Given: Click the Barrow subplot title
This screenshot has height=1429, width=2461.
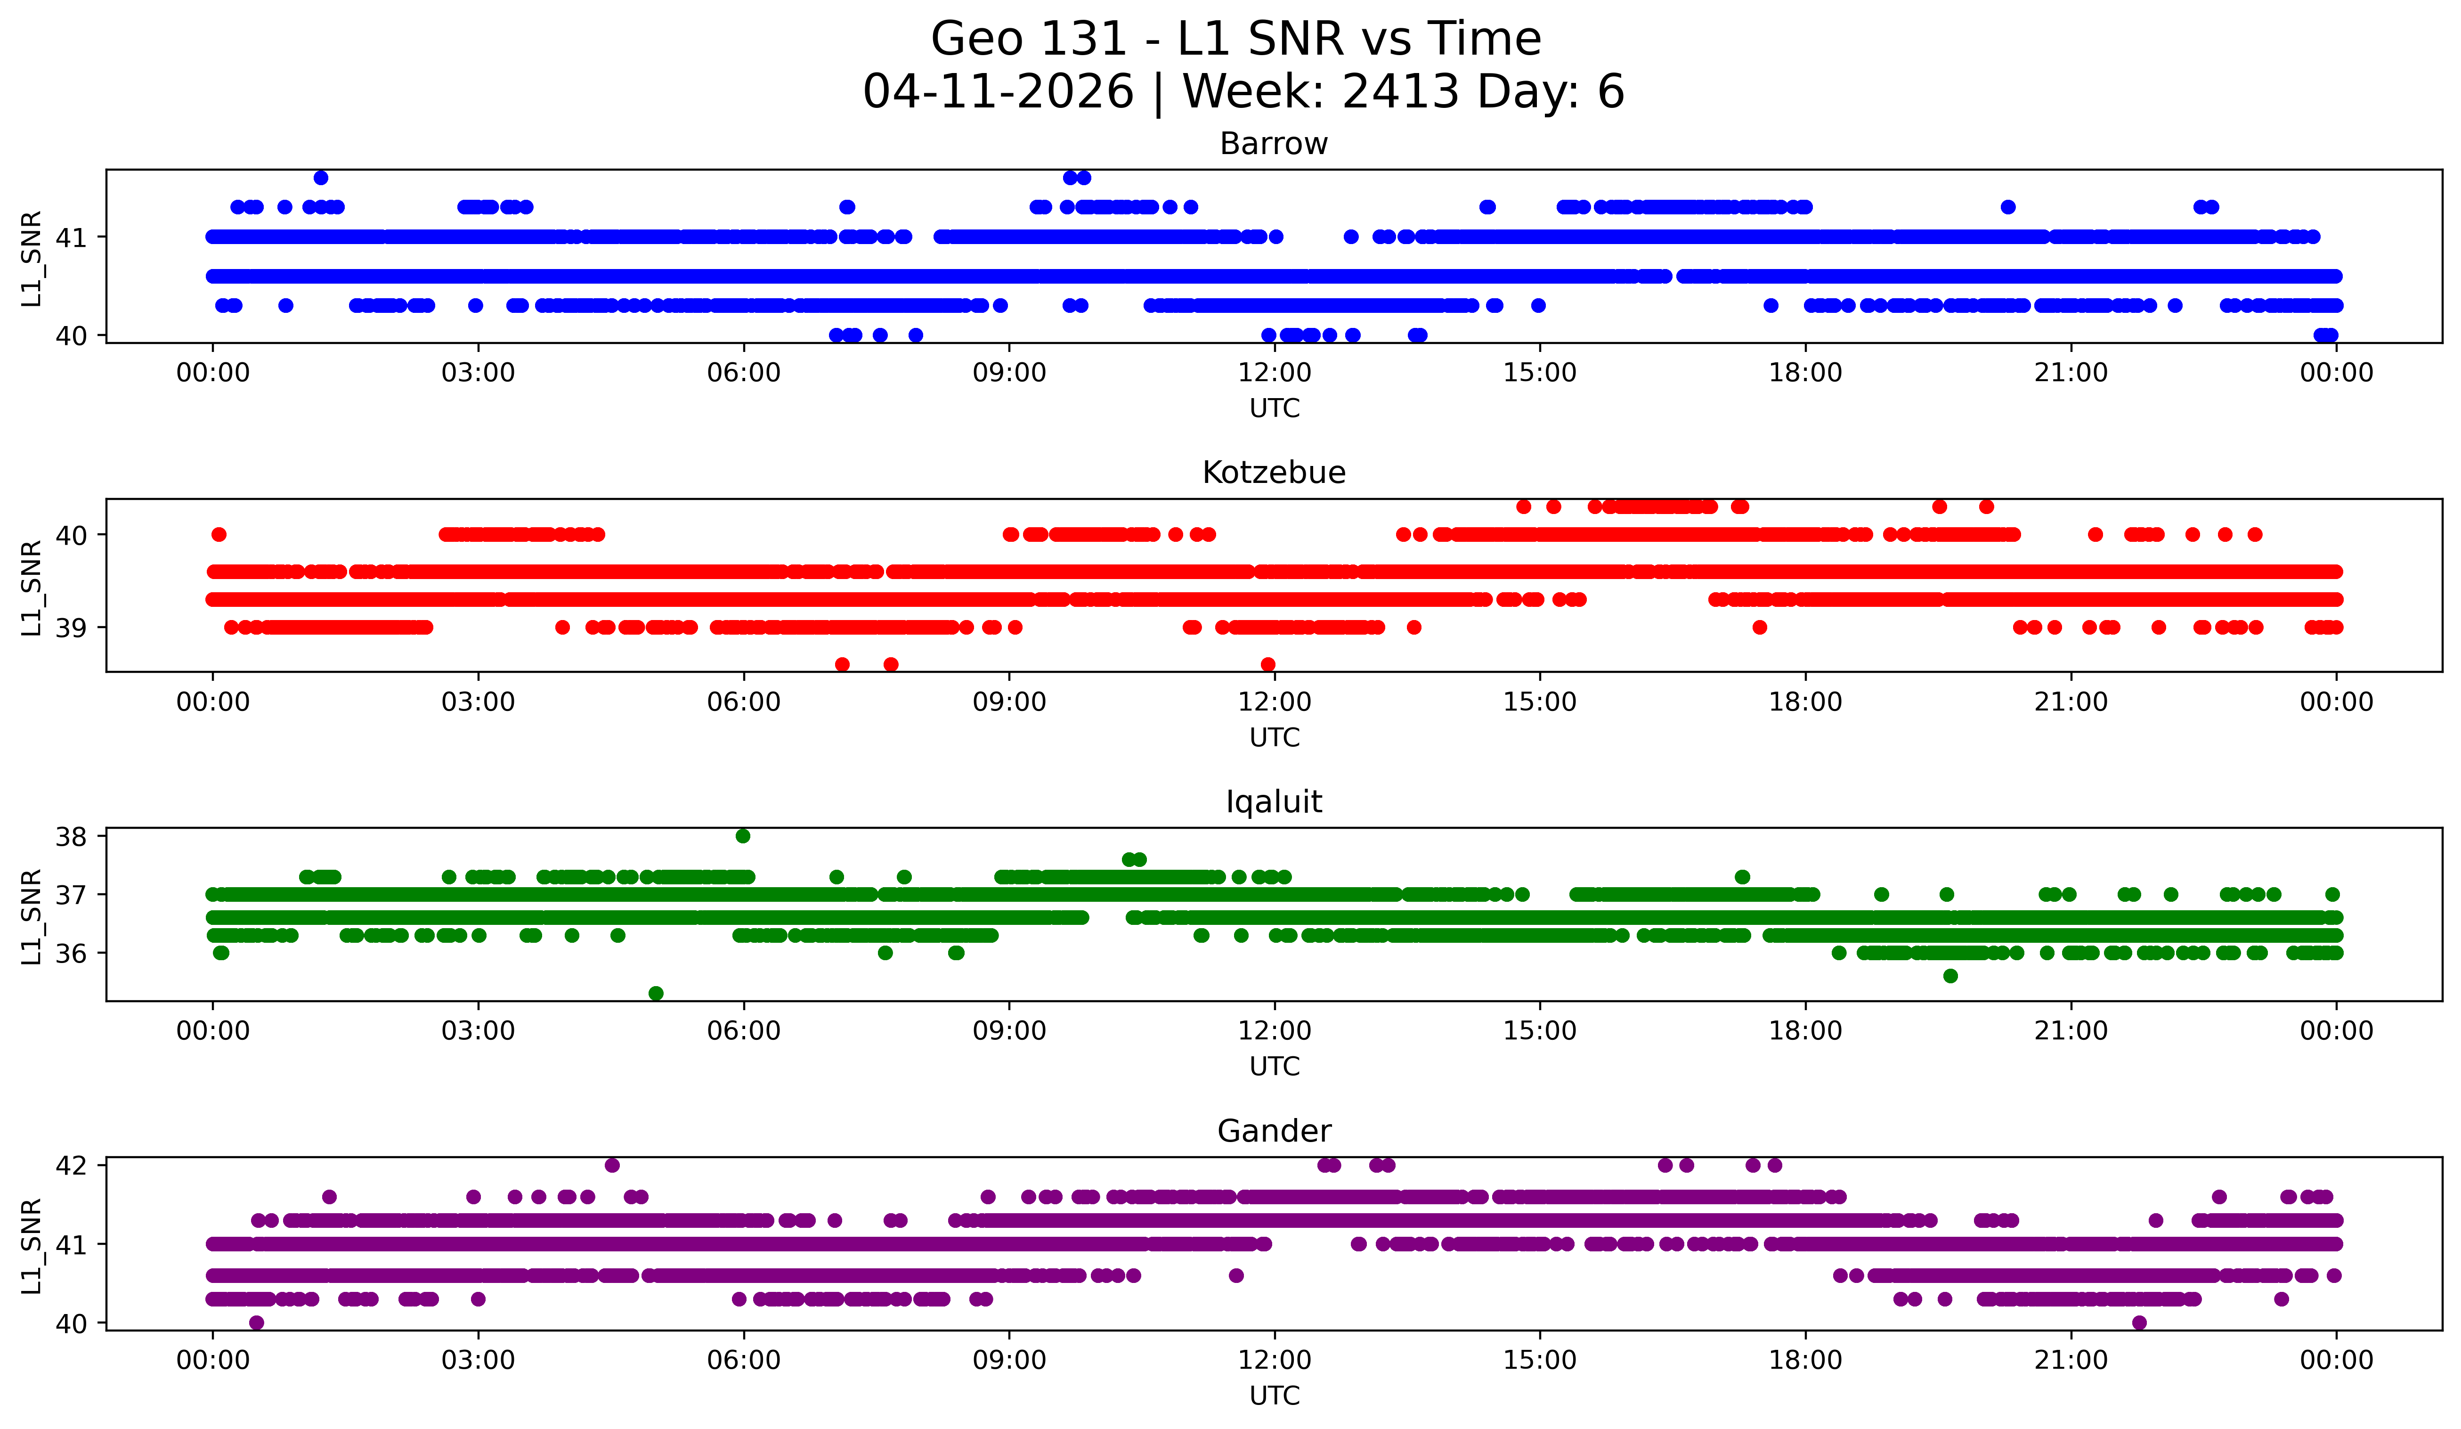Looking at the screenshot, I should click(1274, 144).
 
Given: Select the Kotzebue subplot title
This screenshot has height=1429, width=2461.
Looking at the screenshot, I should click(1274, 473).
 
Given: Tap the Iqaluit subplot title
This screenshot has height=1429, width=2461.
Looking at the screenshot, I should click(1274, 802).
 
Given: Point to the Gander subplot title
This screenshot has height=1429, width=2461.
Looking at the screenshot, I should click(1274, 1131).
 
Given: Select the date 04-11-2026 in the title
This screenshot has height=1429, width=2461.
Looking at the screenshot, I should click(998, 92).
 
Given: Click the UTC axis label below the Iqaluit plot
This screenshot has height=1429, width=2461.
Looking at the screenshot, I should click(1275, 1067).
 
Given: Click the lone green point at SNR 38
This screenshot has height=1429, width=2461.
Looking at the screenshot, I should click(743, 836).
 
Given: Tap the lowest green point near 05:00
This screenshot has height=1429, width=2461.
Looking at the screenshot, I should click(656, 993).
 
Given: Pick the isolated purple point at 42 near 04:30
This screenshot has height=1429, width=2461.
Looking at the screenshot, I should click(612, 1165).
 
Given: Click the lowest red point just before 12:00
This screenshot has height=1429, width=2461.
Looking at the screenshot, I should click(1267, 664).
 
